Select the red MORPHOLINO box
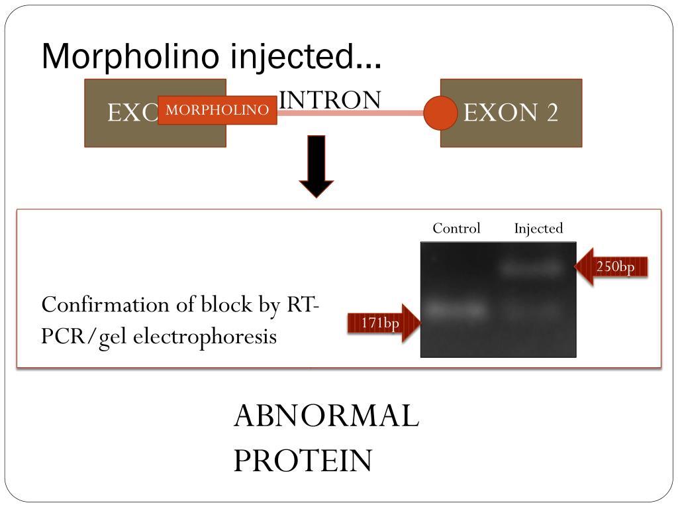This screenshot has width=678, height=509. click(217, 110)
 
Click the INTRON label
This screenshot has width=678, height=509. click(330, 99)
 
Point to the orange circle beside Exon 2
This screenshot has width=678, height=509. click(440, 113)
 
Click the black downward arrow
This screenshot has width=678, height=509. click(316, 166)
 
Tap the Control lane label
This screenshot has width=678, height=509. click(456, 229)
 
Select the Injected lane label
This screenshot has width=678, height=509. click(538, 229)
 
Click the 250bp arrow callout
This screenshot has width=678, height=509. click(610, 267)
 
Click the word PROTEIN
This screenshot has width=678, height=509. click(302, 461)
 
